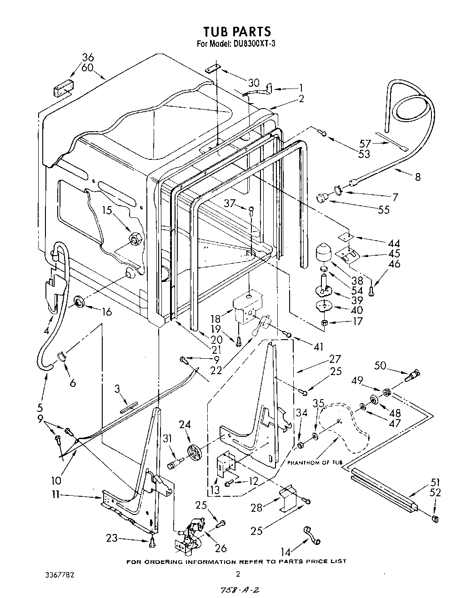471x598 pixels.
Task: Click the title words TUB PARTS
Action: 236,31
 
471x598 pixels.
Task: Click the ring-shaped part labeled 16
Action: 80,301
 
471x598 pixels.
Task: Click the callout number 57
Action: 366,143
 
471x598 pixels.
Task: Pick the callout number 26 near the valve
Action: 220,548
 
